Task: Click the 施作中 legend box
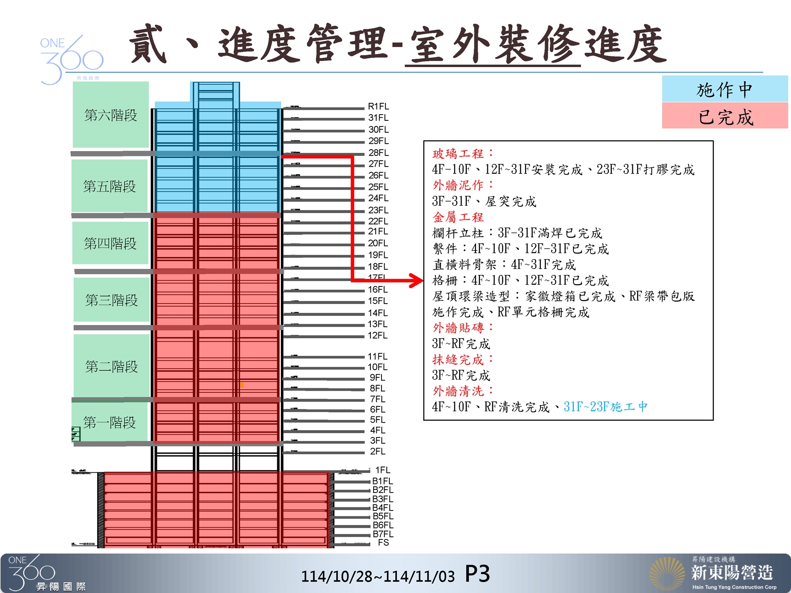[x=725, y=89]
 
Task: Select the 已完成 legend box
[x=725, y=116]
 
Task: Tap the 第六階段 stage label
[x=111, y=115]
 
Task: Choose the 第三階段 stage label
[x=112, y=300]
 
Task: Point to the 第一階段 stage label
[x=110, y=423]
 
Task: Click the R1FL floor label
[x=378, y=106]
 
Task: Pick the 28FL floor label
[x=378, y=152]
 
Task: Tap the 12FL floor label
[x=377, y=336]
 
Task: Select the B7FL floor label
[x=383, y=534]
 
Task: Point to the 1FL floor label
[x=382, y=470]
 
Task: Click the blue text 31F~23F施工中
[x=606, y=407]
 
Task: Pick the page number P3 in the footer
[x=477, y=574]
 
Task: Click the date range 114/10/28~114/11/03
[x=378, y=576]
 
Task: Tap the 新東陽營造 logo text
[x=732, y=572]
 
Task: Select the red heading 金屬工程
[x=458, y=217]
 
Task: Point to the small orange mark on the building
[x=242, y=385]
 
